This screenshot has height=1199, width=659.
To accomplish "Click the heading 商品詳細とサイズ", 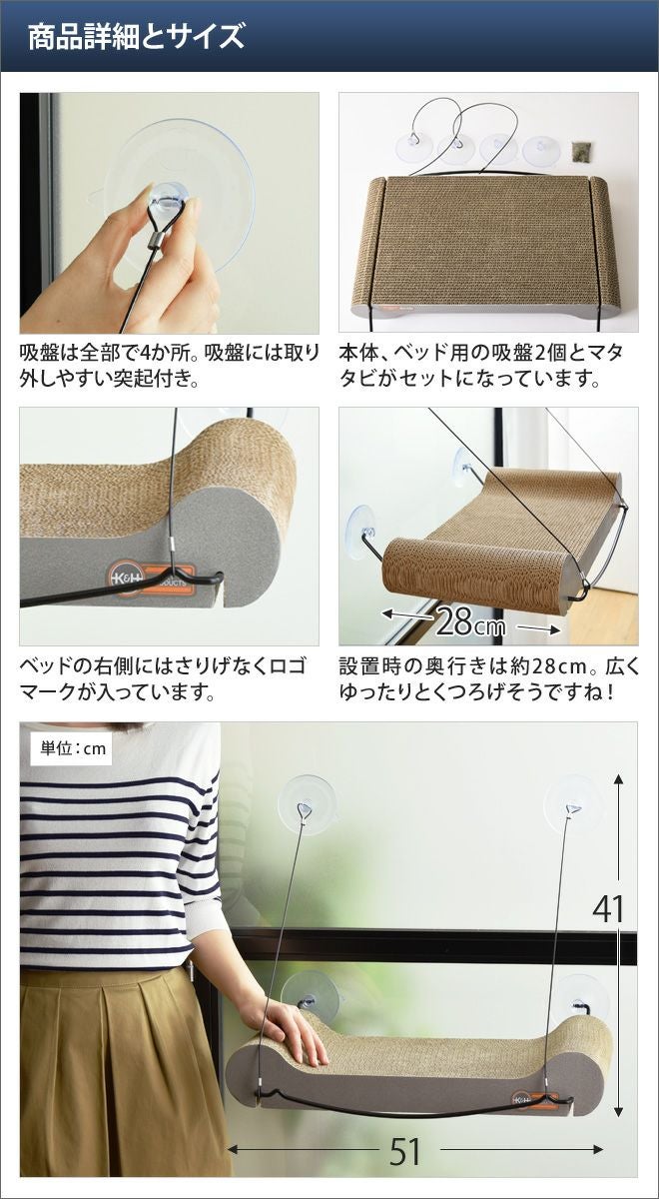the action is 136,36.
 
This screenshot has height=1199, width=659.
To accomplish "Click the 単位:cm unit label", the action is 73,748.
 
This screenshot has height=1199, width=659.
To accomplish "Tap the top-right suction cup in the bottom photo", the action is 573,804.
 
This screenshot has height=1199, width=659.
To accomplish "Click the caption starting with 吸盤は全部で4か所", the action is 169,366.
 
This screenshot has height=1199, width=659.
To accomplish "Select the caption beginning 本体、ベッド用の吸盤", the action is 480,366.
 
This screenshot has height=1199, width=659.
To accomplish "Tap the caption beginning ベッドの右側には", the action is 163,679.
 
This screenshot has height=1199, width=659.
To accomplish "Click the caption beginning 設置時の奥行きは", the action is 489,679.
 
